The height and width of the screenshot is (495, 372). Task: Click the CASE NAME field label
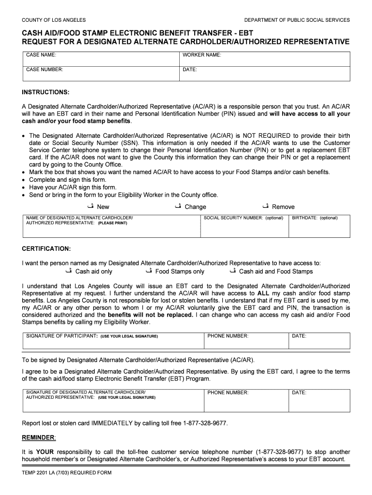41,55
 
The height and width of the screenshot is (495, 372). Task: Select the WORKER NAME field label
201,55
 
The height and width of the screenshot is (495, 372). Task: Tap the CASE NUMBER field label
44,70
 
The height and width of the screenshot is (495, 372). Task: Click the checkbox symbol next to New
90,206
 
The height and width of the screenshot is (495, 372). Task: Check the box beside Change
178,206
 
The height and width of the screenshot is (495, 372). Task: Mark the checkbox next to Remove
265,206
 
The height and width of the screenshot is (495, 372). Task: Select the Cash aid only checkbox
68,271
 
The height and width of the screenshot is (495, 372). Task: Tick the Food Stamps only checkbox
148,271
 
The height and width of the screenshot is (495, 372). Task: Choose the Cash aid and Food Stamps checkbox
232,271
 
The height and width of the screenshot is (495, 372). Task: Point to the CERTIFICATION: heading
46,248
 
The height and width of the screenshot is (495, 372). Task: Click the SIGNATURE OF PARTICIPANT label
62,335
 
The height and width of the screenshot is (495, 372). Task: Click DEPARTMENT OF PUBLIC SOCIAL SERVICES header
297,20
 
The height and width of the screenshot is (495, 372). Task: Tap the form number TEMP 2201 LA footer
67,472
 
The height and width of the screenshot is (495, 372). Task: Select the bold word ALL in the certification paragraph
263,293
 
